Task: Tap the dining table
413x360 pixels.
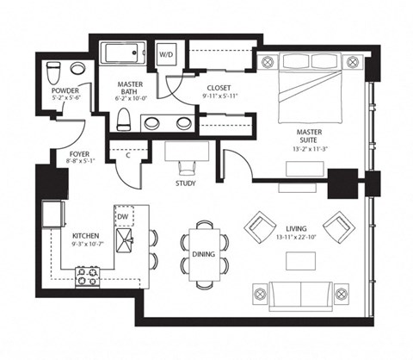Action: [205, 253]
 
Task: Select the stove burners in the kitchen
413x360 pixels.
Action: [88, 277]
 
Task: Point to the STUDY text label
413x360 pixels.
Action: [184, 183]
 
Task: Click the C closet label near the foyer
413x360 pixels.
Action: [127, 156]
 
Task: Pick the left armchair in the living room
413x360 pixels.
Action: [259, 227]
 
